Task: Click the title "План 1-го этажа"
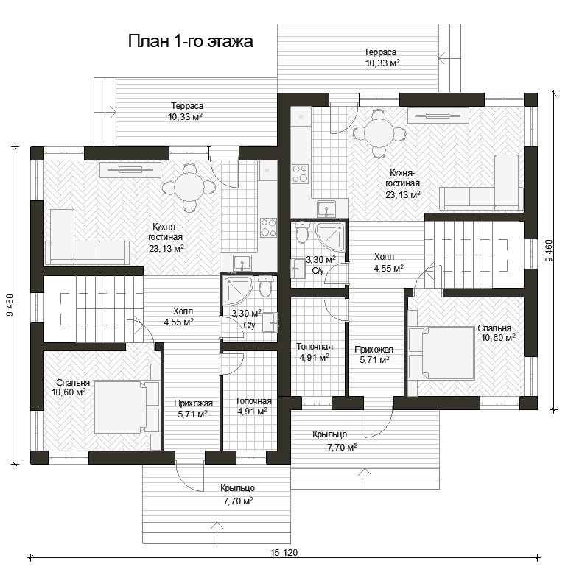pyautogui.click(x=190, y=41)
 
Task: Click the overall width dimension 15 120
pyautogui.click(x=284, y=552)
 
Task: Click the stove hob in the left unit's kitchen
pyautogui.click(x=268, y=227)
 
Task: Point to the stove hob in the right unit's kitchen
pyautogui.click(x=300, y=173)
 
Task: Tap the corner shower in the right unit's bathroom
pyautogui.click(x=330, y=237)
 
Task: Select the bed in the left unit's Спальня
pyautogui.click(x=127, y=407)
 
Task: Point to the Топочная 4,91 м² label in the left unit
pyautogui.click(x=253, y=406)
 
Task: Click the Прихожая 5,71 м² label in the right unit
pyautogui.click(x=374, y=355)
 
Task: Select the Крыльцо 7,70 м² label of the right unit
pyautogui.click(x=334, y=440)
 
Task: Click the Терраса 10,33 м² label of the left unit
pyautogui.click(x=186, y=111)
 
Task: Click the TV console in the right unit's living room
pyautogui.click(x=438, y=116)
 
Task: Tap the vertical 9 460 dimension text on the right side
pyautogui.click(x=548, y=250)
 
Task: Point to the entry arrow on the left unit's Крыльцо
pyautogui.click(x=217, y=533)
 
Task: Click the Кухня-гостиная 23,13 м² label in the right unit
pyautogui.click(x=403, y=183)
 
